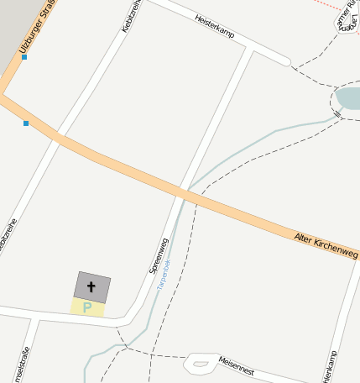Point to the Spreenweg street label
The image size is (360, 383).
point(159,256)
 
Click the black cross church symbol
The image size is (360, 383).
point(91,287)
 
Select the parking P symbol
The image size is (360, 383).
point(87,307)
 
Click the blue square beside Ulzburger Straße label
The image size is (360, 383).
point(24,57)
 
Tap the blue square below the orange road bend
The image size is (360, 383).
point(26,123)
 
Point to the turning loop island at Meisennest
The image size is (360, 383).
point(200,364)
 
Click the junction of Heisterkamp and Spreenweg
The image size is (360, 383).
point(249,50)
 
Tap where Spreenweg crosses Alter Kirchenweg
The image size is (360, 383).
point(182,191)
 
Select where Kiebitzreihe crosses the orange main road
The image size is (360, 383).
point(58,137)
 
